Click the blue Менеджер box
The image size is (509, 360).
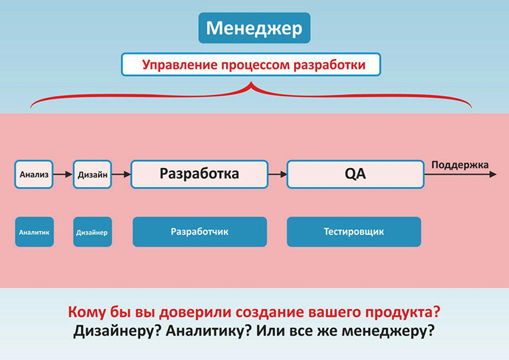(255, 28)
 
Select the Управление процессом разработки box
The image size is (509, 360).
(250, 65)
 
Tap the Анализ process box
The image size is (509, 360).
(34, 174)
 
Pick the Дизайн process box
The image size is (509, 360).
(92, 174)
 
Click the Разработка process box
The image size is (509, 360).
(199, 174)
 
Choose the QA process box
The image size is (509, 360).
(355, 174)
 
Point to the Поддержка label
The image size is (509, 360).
(460, 165)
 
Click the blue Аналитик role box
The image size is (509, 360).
(34, 232)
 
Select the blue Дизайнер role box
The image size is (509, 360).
(92, 232)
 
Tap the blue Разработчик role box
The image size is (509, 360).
(199, 232)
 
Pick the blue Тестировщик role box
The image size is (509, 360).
(354, 232)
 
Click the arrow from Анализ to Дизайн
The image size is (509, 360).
(63, 174)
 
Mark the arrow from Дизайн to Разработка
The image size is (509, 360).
(121, 174)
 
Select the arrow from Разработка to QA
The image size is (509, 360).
(278, 174)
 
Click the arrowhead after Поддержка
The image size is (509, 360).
(493, 174)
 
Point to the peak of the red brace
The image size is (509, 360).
(250, 83)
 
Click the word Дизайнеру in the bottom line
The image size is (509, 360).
(118, 331)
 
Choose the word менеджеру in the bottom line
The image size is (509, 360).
(389, 331)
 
